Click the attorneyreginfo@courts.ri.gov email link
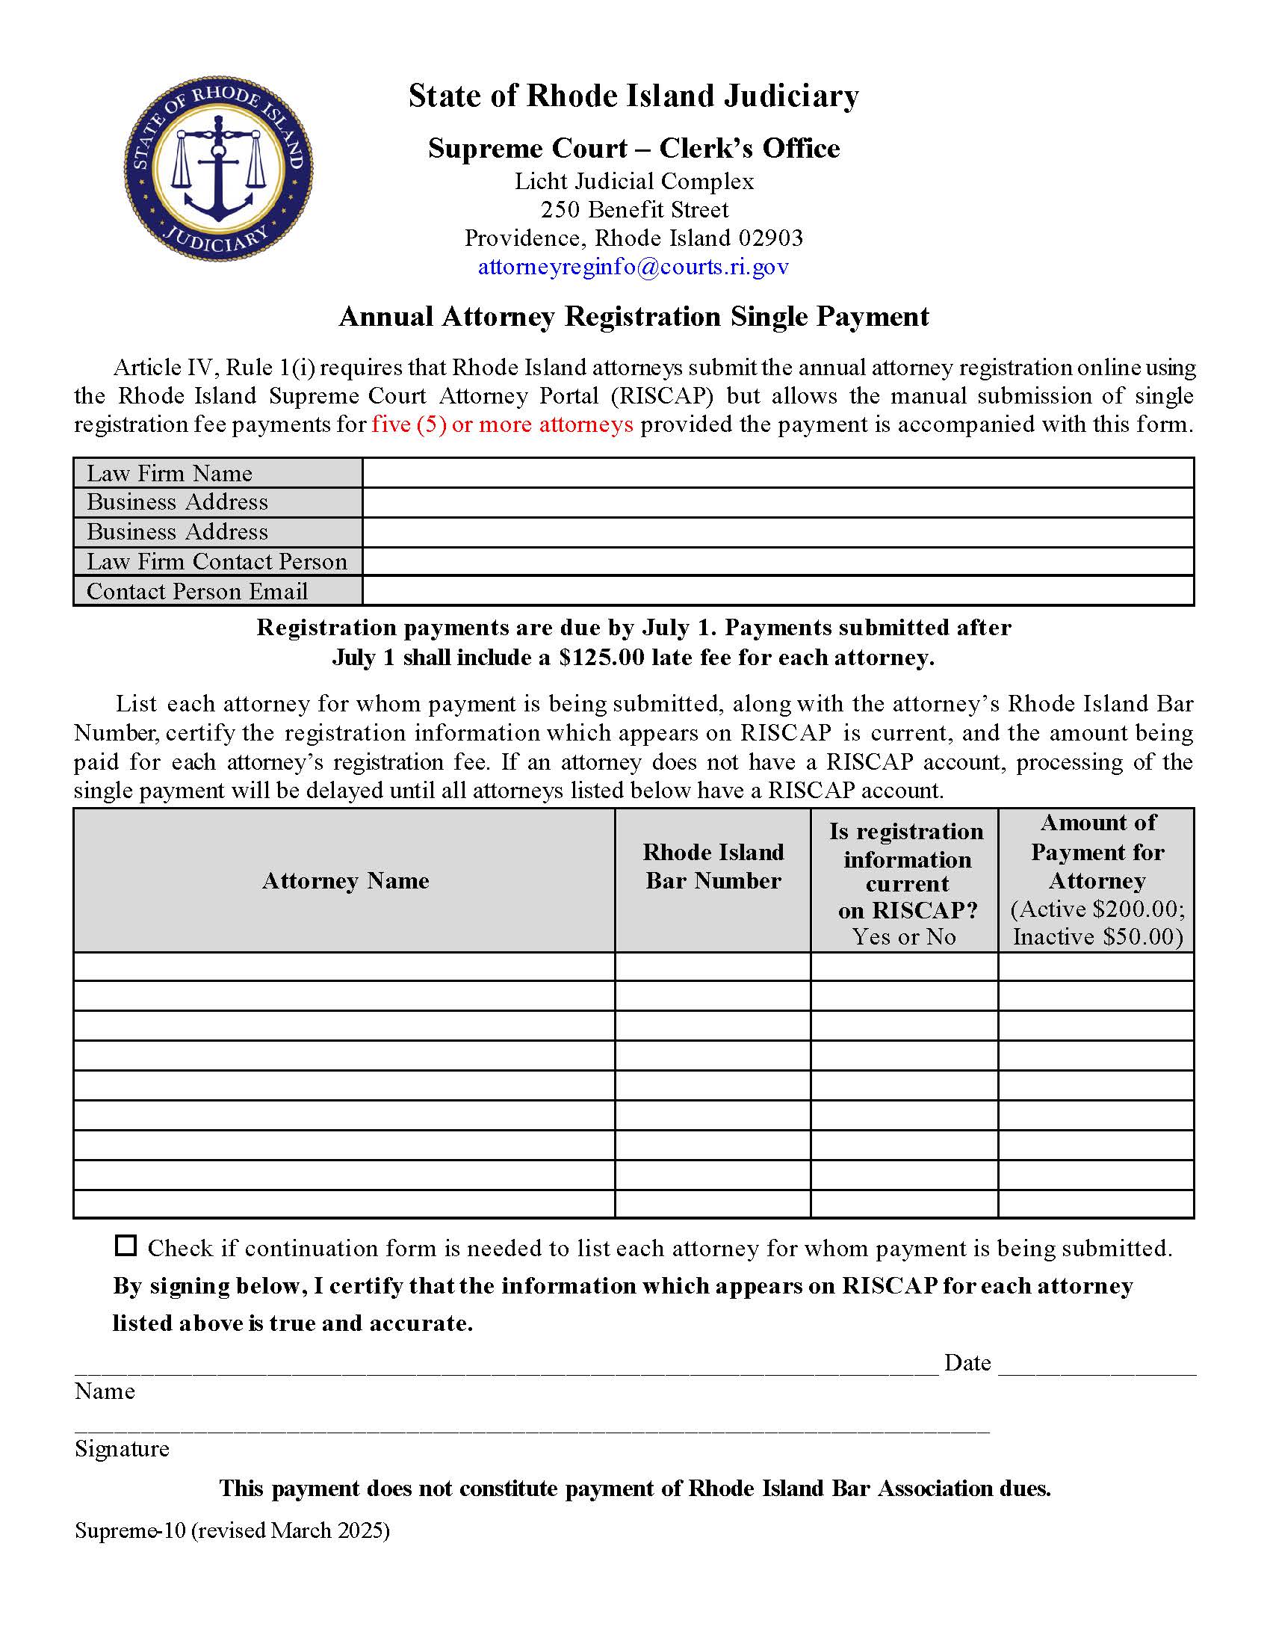pos(634,267)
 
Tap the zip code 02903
pos(770,238)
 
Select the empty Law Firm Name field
pos(778,473)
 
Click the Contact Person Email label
pos(197,591)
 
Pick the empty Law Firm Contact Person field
pos(778,561)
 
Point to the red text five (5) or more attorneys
pos(503,424)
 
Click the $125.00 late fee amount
pos(602,658)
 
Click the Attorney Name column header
pos(345,881)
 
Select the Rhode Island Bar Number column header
pos(713,866)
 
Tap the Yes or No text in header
pos(904,937)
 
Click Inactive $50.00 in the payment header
pos(1097,937)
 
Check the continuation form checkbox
pos(126,1246)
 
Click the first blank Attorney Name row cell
pos(344,966)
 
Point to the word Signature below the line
pos(122,1449)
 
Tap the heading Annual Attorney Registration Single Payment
pos(634,317)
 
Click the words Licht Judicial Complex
pos(634,182)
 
